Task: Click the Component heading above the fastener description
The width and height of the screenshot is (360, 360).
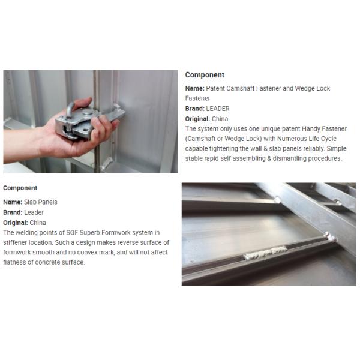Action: pyautogui.click(x=205, y=75)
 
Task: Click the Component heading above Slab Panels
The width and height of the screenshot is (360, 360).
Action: pyautogui.click(x=20, y=188)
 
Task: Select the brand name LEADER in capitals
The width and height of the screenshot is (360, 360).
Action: pyautogui.click(x=218, y=109)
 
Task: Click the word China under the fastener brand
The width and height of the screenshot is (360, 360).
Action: pyautogui.click(x=220, y=119)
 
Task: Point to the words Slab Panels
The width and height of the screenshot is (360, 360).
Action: pyautogui.click(x=41, y=202)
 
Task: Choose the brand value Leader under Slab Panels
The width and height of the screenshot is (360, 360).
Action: pyautogui.click(x=34, y=212)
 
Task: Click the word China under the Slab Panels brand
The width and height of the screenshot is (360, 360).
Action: pyautogui.click(x=38, y=223)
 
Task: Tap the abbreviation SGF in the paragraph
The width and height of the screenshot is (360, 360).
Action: pyautogui.click(x=72, y=233)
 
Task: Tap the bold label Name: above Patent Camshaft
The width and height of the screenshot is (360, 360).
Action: pyautogui.click(x=194, y=88)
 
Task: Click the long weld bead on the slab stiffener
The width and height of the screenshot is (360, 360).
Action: pyautogui.click(x=266, y=253)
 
